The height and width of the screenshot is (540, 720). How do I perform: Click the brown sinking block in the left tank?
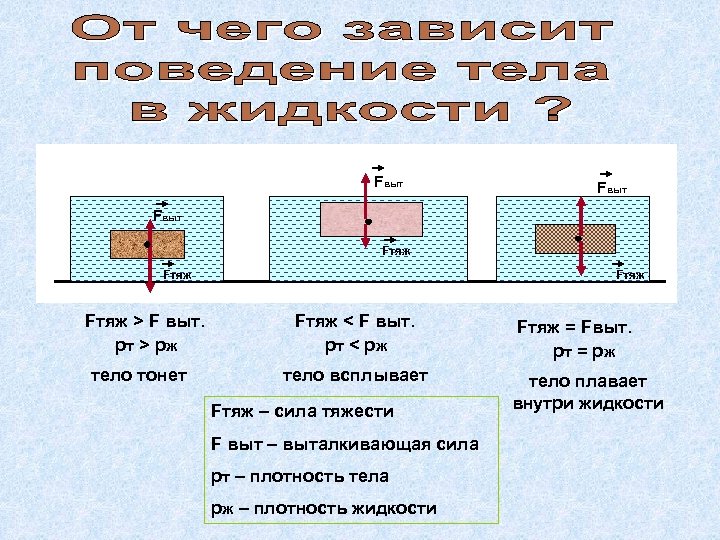[x=147, y=245]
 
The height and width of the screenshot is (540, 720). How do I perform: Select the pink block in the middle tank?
[x=371, y=218]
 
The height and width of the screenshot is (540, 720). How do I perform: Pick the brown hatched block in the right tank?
[x=575, y=239]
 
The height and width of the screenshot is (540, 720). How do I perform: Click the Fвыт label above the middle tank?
[x=388, y=182]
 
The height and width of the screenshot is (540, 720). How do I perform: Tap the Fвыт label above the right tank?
[x=612, y=187]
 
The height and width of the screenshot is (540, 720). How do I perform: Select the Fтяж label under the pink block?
[x=396, y=250]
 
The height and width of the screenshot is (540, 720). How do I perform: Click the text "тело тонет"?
[x=137, y=375]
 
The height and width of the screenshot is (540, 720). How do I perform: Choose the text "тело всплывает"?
[x=354, y=375]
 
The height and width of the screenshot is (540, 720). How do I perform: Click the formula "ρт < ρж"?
[x=355, y=346]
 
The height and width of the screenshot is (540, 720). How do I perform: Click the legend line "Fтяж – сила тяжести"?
[x=302, y=412]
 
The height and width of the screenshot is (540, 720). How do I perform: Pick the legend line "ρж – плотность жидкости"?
[x=323, y=508]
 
